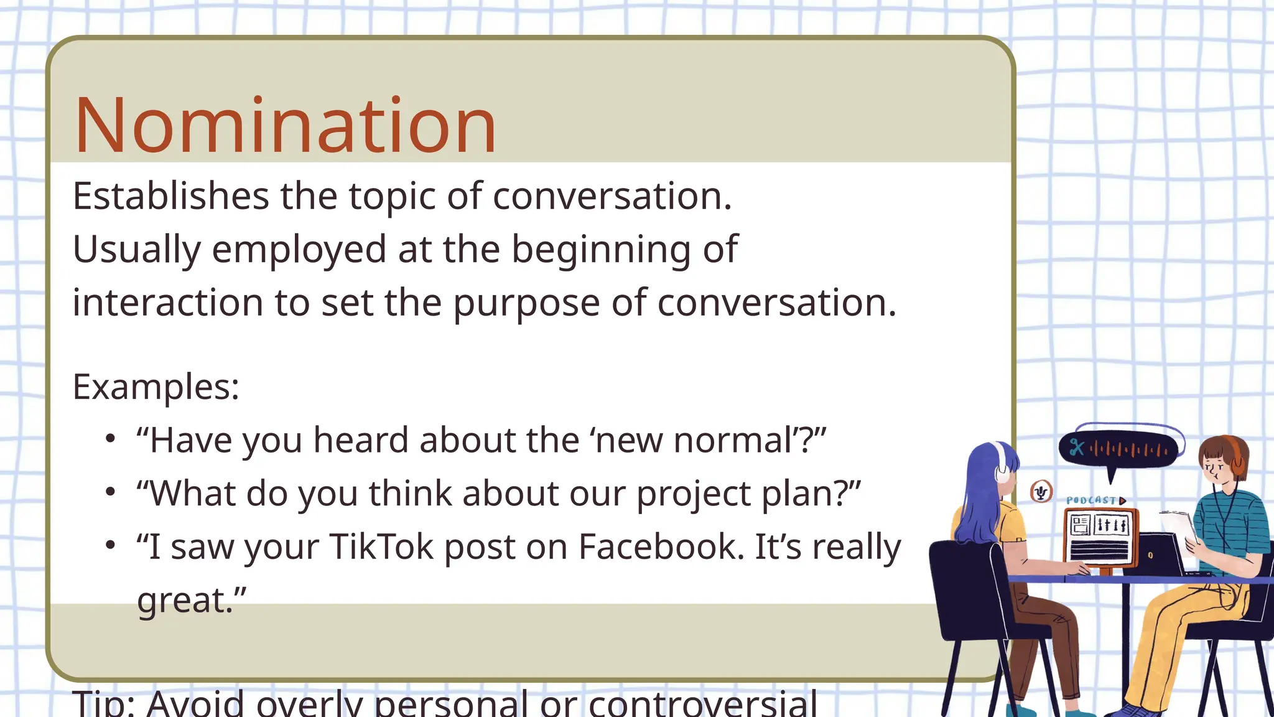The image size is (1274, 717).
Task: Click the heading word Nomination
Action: (x=285, y=126)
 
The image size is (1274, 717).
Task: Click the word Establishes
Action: (x=170, y=196)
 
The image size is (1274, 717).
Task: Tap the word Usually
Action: (x=137, y=250)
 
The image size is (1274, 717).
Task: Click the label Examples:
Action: (x=156, y=387)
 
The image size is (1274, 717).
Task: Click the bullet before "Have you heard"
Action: (x=111, y=439)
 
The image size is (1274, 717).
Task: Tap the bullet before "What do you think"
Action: (x=111, y=492)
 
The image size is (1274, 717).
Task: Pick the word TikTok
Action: (x=381, y=546)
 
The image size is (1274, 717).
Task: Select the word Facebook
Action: (x=661, y=546)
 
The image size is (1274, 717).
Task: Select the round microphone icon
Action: (x=1041, y=492)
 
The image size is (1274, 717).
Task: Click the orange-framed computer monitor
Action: (x=1100, y=538)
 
